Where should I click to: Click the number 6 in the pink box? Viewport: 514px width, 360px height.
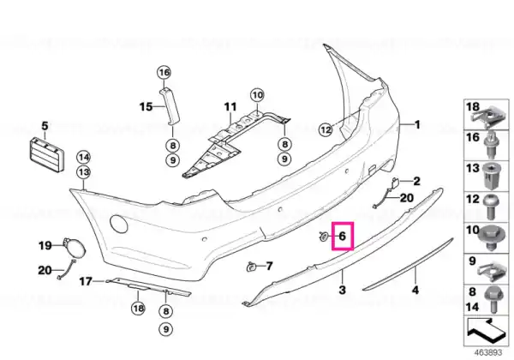coord(342,236)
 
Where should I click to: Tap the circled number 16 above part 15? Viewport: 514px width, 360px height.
coord(164,72)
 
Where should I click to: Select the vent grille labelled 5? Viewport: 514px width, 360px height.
coord(45,155)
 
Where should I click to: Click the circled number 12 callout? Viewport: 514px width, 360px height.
coord(326,130)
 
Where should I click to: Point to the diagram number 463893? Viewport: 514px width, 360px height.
coord(488,353)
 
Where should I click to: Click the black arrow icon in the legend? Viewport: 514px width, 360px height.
coord(485,332)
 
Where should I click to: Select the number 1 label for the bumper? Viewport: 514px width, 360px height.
coord(417,124)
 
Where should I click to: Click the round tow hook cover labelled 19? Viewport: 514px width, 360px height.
coord(75,248)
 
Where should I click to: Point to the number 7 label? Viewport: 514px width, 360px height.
coord(269,266)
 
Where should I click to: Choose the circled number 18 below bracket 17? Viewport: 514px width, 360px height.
coord(138,309)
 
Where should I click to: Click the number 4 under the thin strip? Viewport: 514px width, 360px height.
coord(415,291)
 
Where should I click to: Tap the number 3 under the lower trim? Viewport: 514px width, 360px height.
coord(342,290)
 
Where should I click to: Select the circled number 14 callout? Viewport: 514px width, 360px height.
coord(84,158)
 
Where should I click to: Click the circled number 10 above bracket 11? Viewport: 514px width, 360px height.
coord(257,95)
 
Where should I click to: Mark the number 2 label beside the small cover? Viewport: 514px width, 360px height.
coord(416,181)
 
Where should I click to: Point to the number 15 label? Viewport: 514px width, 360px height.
coord(146,107)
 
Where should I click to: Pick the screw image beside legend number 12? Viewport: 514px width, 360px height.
coord(490,207)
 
